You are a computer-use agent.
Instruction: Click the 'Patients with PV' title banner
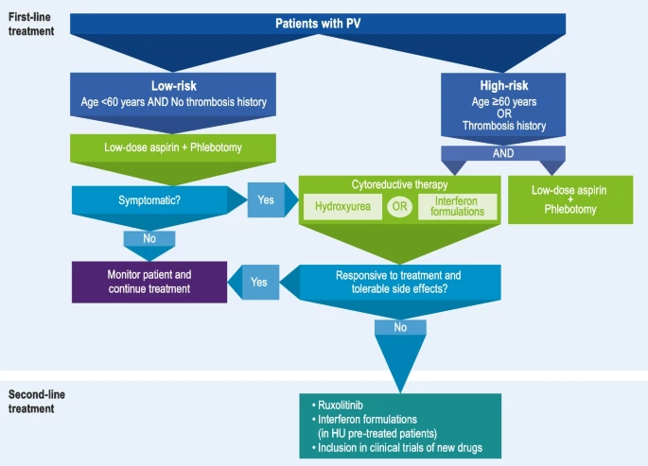click(x=318, y=24)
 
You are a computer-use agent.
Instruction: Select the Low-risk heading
click(x=173, y=86)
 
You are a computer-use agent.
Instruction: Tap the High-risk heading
click(x=504, y=85)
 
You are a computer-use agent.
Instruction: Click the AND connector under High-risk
click(x=503, y=153)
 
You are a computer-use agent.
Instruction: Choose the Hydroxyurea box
click(x=342, y=206)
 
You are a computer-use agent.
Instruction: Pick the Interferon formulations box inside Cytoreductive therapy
click(x=457, y=206)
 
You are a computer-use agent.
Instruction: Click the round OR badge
click(x=399, y=206)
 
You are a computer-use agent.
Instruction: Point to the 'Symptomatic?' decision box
click(x=149, y=200)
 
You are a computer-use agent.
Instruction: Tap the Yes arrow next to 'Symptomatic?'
click(x=266, y=199)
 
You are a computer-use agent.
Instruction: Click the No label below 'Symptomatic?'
click(x=149, y=238)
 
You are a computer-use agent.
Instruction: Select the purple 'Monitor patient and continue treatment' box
click(x=149, y=282)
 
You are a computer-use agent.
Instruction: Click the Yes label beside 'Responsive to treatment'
click(x=259, y=283)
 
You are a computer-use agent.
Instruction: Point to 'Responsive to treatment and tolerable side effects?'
click(x=399, y=283)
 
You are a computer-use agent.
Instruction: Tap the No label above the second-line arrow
click(x=400, y=327)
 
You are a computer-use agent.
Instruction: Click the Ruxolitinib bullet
click(x=337, y=406)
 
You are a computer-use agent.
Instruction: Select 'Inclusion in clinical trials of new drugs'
click(x=397, y=448)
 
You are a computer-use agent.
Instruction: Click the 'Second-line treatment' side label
click(x=36, y=402)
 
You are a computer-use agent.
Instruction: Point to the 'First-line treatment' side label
click(x=31, y=24)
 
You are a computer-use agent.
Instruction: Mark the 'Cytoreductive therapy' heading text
click(x=399, y=184)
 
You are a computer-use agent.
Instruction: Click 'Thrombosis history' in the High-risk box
click(x=504, y=126)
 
